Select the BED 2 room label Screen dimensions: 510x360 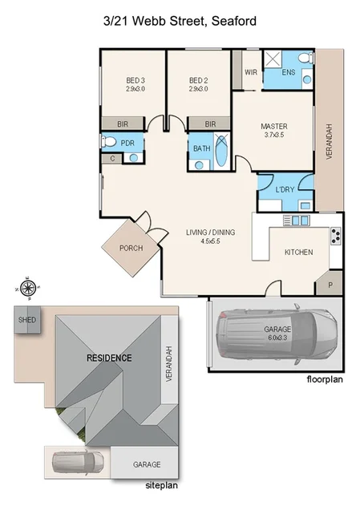[x=198, y=81]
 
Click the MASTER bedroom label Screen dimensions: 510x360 [x=273, y=127]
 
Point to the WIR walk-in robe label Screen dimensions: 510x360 [x=250, y=72]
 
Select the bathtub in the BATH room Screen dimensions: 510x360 [x=220, y=150]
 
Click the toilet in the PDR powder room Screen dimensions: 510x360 [x=108, y=143]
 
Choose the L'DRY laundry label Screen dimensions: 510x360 [x=284, y=189]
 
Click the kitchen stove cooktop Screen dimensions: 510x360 [x=335, y=236]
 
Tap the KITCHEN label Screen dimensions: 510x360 [x=298, y=253]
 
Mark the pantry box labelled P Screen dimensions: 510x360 [x=330, y=284]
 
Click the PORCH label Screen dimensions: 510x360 [x=130, y=248]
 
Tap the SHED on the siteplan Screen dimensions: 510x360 [x=27, y=319]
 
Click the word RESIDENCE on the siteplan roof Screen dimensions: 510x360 [x=109, y=358]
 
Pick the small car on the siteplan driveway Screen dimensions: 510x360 [x=76, y=463]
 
